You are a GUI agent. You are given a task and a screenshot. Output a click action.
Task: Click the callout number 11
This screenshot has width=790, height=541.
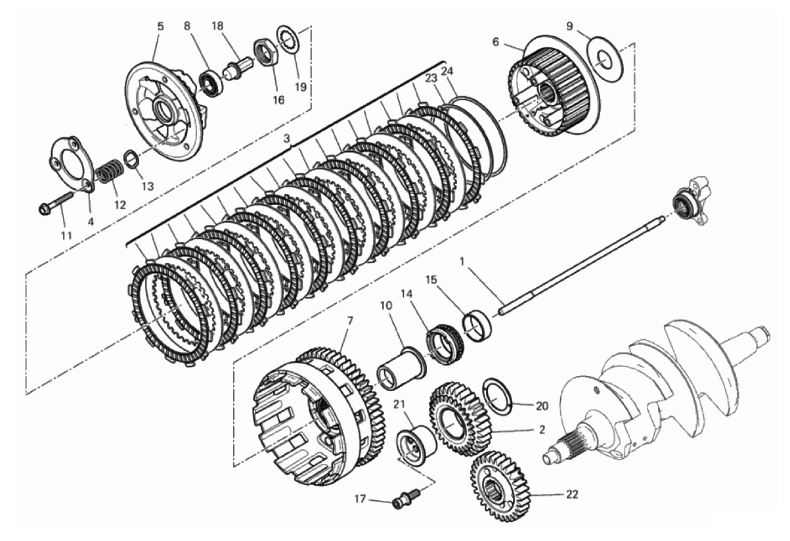tap(66, 235)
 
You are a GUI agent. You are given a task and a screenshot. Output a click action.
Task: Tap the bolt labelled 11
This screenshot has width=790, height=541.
tap(55, 203)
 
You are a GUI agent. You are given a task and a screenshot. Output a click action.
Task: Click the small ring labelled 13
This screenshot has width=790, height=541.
tap(131, 160)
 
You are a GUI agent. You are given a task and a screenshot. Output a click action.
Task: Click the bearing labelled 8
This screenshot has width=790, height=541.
tap(211, 84)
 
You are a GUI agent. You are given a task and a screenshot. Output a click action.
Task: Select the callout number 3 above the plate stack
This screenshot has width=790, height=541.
tap(287, 138)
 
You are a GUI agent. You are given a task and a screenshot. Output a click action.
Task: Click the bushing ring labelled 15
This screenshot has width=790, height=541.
tap(477, 325)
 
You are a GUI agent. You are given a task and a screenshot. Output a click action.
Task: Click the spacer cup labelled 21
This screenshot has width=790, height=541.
tap(416, 444)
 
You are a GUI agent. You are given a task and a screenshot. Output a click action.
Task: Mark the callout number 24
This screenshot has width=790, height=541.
tap(447, 72)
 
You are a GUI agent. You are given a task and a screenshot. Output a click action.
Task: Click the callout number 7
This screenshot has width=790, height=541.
tap(349, 321)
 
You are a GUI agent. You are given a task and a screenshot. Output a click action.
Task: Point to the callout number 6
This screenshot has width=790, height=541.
tap(496, 42)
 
